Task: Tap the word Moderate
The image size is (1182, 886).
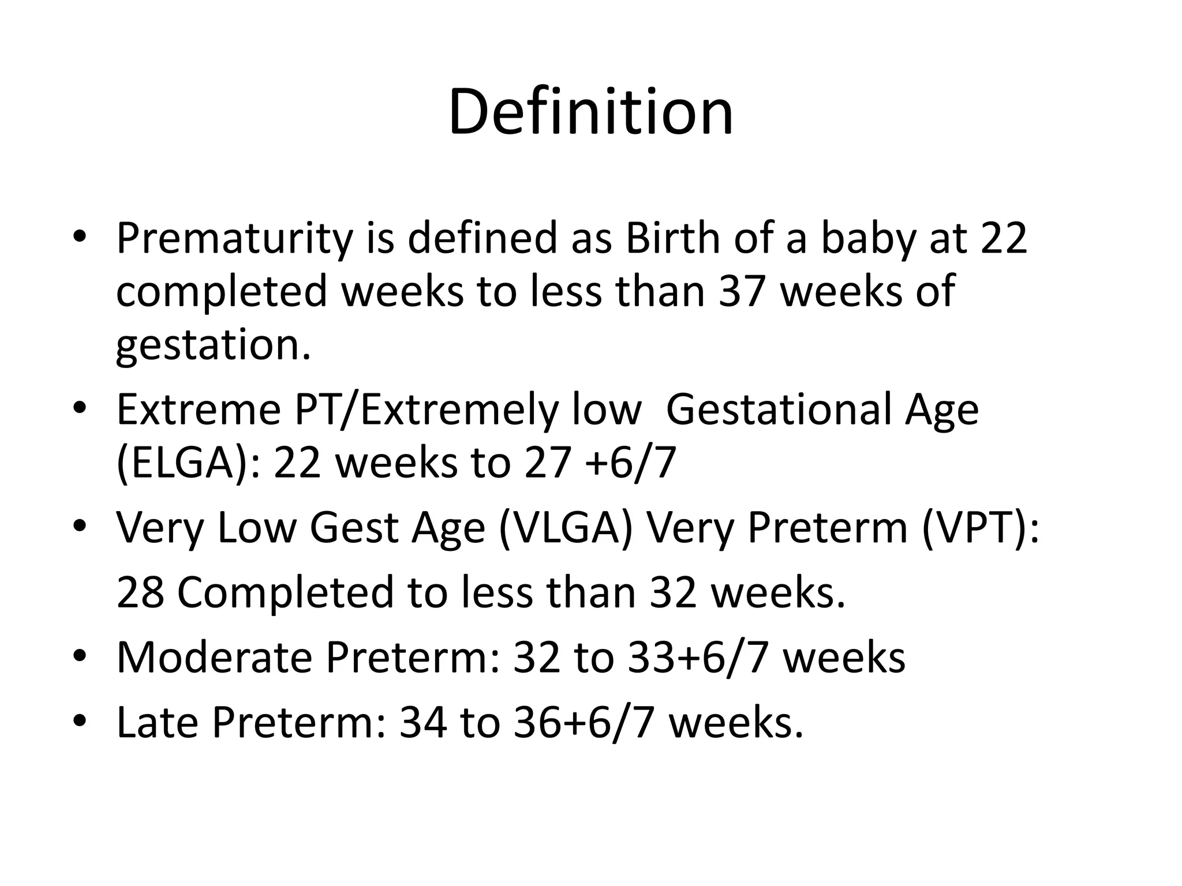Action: click(x=214, y=658)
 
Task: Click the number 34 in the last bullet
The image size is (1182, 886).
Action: click(x=423, y=723)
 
